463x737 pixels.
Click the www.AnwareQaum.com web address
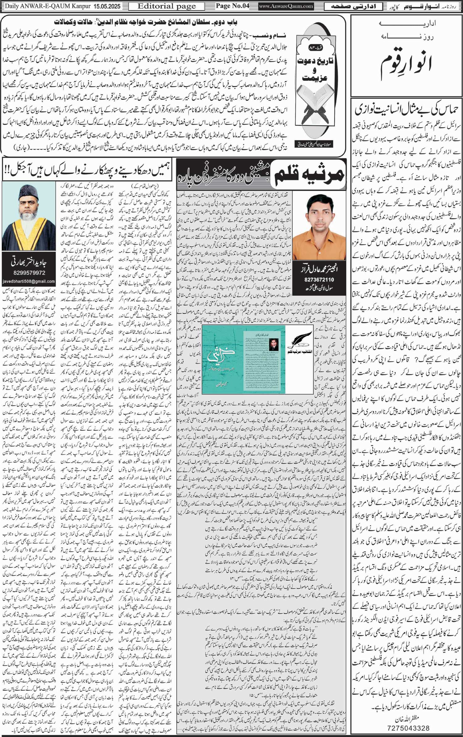click(x=286, y=6)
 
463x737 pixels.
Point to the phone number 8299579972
click(x=29, y=273)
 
